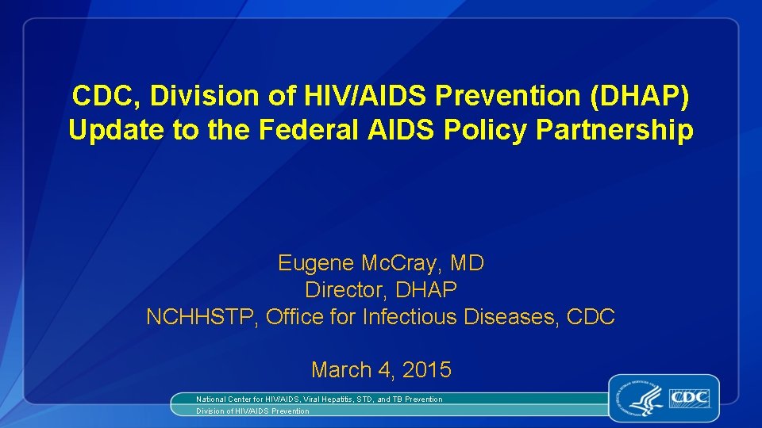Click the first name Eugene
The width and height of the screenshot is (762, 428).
pyautogui.click(x=316, y=263)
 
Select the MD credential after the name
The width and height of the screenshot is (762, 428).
pyautogui.click(x=468, y=263)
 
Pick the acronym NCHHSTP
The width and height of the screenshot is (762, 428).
pyautogui.click(x=202, y=317)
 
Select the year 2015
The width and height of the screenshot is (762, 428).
pyautogui.click(x=427, y=369)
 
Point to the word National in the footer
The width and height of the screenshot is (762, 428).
pyautogui.click(x=213, y=399)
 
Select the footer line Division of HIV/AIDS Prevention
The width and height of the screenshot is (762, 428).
pyautogui.click(x=252, y=411)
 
